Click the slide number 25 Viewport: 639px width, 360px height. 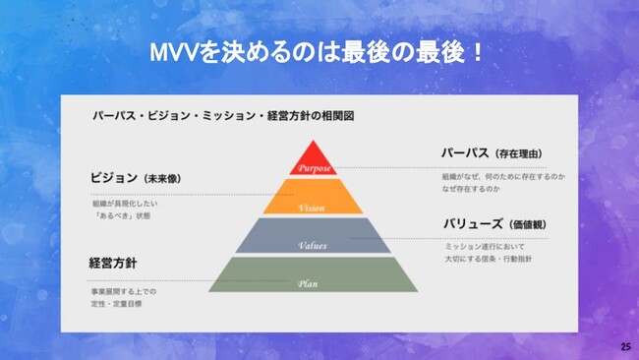[x=625, y=348]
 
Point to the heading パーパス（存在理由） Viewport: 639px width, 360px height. [x=493, y=153]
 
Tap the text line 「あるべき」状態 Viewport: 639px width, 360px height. [x=122, y=214]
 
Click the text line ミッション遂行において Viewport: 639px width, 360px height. [x=485, y=248]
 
